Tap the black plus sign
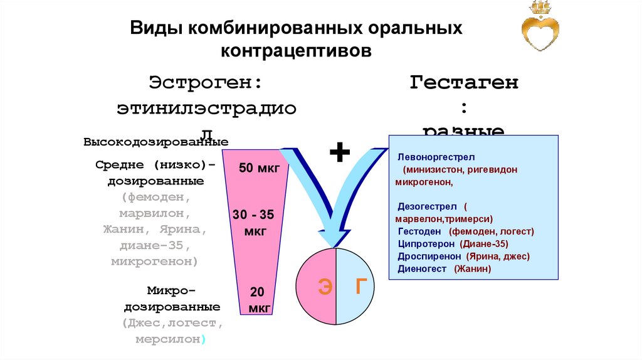[339, 152]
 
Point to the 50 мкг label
[255, 168]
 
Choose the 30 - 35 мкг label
[253, 223]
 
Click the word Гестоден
[419, 231]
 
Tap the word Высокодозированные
[155, 142]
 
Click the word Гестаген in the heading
[464, 83]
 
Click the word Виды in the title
[154, 29]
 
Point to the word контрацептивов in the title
[295, 50]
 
